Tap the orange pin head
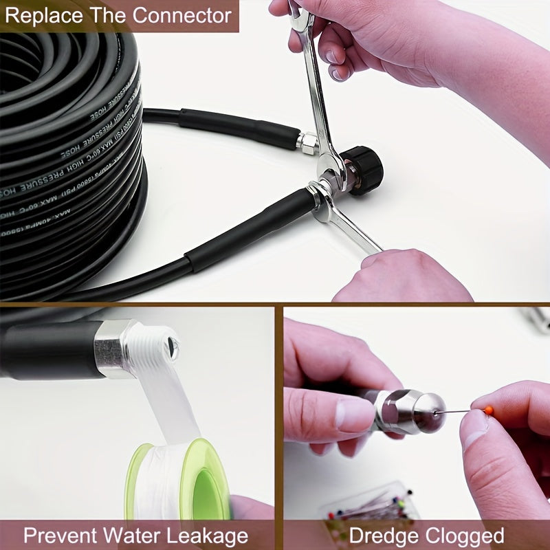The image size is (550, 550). [489, 410]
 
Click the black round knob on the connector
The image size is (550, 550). [365, 170]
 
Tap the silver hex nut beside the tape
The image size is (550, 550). [113, 348]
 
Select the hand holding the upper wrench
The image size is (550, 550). [385, 41]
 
